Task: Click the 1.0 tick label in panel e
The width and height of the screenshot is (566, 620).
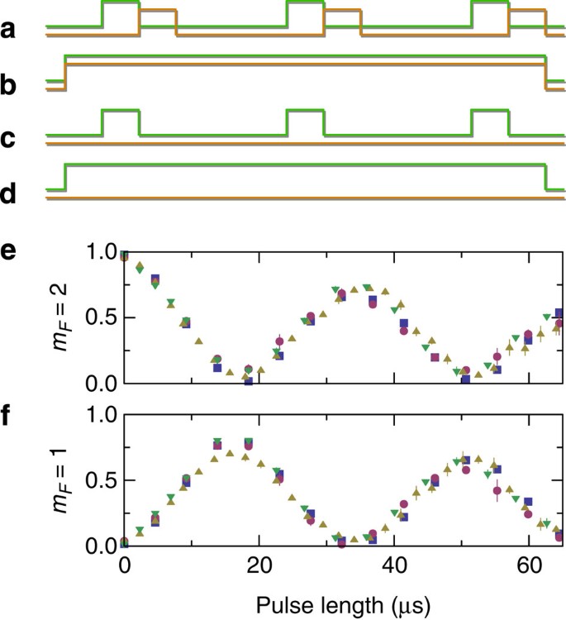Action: tap(99, 253)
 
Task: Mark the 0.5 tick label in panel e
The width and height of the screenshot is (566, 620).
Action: tap(99, 318)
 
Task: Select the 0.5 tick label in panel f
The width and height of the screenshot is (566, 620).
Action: tap(99, 480)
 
